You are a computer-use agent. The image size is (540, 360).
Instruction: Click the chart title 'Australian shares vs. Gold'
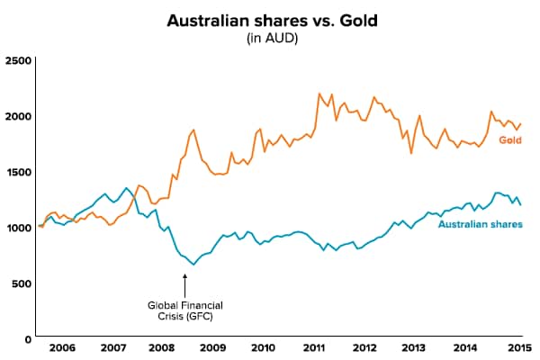pyautogui.click(x=270, y=19)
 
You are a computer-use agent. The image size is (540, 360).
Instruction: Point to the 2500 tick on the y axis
pyautogui.click(x=17, y=60)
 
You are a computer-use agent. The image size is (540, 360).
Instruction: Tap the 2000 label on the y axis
pyautogui.click(x=17, y=116)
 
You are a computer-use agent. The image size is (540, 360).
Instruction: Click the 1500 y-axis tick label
pyautogui.click(x=17, y=172)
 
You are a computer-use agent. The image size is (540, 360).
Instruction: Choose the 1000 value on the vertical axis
pyautogui.click(x=17, y=228)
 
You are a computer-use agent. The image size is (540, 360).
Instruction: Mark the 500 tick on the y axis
pyautogui.click(x=20, y=283)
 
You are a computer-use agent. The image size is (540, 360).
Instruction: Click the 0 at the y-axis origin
pyautogui.click(x=27, y=339)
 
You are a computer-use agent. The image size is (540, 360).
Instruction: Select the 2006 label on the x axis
pyautogui.click(x=62, y=347)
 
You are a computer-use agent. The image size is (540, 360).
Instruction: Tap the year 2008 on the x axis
pyautogui.click(x=161, y=347)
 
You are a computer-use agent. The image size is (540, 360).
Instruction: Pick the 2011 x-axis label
pyautogui.click(x=314, y=347)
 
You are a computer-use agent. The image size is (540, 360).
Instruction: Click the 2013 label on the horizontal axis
pyautogui.click(x=415, y=347)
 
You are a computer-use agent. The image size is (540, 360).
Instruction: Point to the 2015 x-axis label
pyautogui.click(x=516, y=347)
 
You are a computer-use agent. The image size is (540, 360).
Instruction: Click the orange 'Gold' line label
pyautogui.click(x=510, y=140)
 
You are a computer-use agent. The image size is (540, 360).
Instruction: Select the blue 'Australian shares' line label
pyautogui.click(x=480, y=223)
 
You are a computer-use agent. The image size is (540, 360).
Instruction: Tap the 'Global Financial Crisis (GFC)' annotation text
pyautogui.click(x=184, y=310)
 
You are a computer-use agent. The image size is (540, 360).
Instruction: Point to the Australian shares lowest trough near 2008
pyautogui.click(x=193, y=265)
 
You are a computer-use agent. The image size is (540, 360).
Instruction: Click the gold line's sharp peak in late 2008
pyautogui.click(x=193, y=130)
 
